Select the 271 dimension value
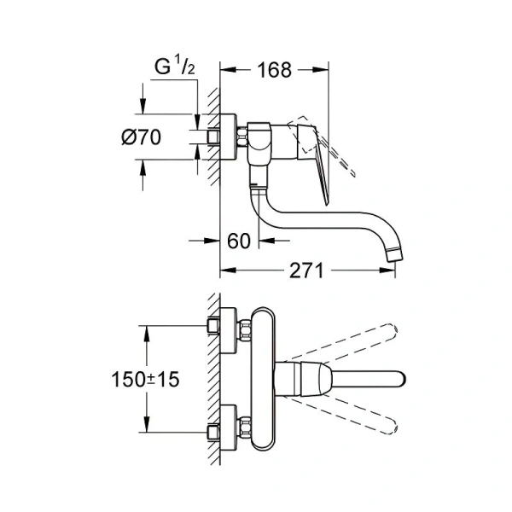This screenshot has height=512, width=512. coord(305,271)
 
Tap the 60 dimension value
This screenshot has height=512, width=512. coord(241,241)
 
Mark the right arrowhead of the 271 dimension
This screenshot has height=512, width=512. coord(393,271)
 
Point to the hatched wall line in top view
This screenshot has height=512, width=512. coord(207,375)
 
